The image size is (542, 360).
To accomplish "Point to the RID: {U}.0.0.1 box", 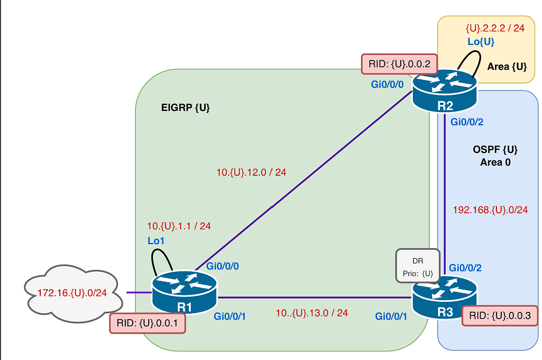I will click(147, 323).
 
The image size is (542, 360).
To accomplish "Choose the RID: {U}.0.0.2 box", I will click(399, 65).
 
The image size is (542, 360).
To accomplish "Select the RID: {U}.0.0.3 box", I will click(500, 316).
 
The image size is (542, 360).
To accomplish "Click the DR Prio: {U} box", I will click(418, 265).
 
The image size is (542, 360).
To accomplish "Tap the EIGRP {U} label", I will click(185, 108).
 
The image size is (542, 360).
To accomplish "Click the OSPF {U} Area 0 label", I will click(495, 156).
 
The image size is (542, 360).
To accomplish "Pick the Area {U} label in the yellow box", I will click(507, 67).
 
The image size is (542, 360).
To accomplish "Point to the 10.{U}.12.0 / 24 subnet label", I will click(251, 172).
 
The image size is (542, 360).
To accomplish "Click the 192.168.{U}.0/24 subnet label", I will click(490, 210).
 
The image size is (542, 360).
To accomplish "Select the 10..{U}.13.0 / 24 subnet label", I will click(311, 313).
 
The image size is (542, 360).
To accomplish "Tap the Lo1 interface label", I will click(156, 241).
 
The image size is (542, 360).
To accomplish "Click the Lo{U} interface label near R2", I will click(481, 42).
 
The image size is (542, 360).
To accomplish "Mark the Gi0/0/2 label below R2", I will click(466, 122).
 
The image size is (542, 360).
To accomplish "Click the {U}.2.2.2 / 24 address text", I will click(495, 28).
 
